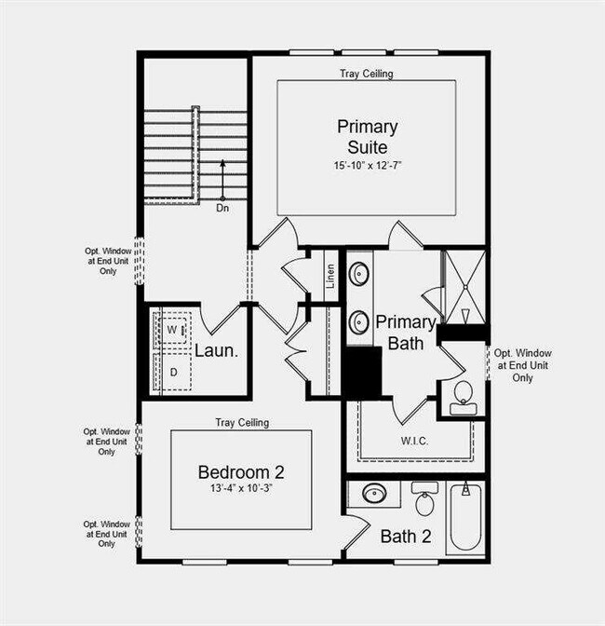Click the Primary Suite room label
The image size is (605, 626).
[368, 136]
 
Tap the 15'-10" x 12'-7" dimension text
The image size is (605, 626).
[368, 165]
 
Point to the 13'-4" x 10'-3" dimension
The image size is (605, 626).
[241, 487]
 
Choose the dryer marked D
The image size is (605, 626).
[173, 372]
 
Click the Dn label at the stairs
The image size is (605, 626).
[222, 208]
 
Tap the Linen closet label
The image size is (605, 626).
[330, 276]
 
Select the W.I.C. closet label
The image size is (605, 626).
[414, 441]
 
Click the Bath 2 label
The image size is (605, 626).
[406, 537]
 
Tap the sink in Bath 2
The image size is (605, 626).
[374, 493]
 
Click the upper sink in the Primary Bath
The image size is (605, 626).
[359, 275]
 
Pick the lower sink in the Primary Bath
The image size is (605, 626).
[359, 323]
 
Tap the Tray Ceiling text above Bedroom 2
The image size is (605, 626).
[242, 422]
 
